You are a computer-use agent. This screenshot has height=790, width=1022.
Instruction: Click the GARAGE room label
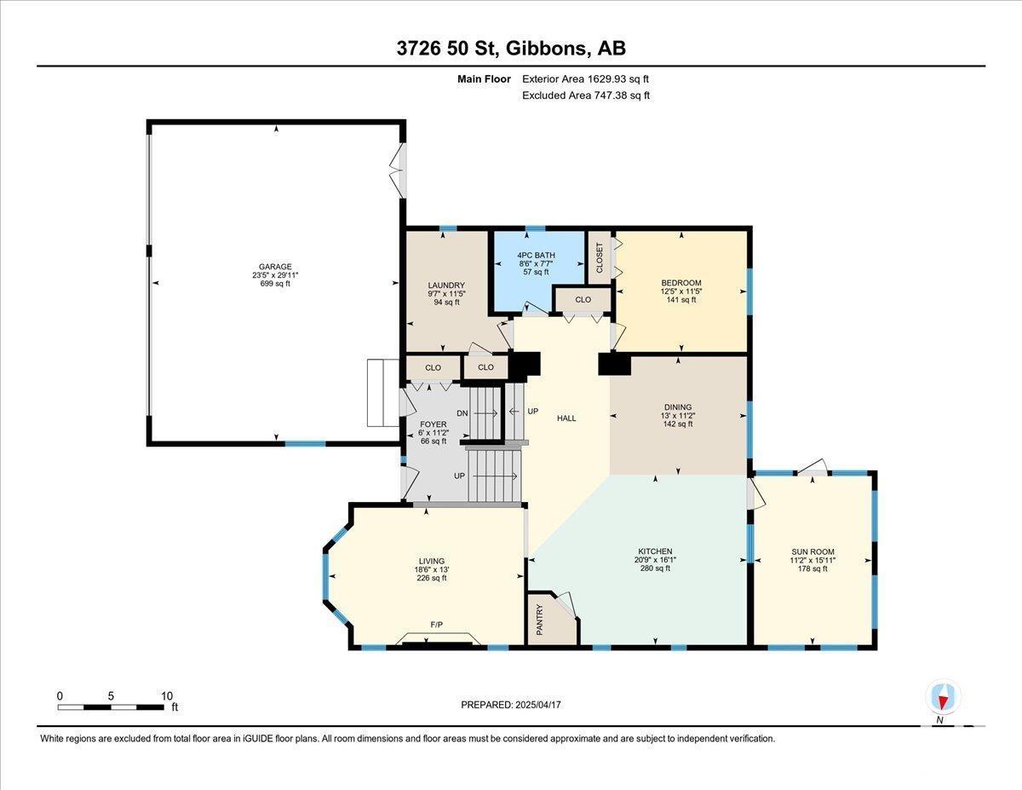point(275,267)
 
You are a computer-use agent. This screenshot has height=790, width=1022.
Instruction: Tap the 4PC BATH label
point(536,256)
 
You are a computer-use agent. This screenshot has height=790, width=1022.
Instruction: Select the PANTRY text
point(539,620)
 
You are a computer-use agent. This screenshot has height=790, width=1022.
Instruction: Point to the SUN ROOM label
point(812,552)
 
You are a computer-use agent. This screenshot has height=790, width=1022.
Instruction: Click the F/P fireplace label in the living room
point(436,625)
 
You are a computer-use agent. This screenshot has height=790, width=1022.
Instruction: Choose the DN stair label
point(462,413)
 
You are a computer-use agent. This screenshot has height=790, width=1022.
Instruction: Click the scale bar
point(111,707)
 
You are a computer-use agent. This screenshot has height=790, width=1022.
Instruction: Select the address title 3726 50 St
point(447,49)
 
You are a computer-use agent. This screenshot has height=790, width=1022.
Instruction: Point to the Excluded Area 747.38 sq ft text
point(586,95)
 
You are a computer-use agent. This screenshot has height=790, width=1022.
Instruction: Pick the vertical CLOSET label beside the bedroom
point(600,257)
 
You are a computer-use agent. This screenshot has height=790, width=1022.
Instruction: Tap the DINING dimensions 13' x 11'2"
point(678,416)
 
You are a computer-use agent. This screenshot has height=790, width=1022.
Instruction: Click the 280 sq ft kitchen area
point(655,568)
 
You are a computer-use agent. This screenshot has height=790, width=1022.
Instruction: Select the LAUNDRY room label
point(446,285)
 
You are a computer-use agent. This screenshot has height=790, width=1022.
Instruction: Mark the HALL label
point(566,418)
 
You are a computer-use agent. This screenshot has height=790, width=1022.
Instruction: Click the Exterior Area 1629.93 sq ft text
point(586,79)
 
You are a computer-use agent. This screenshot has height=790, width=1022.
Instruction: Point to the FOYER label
point(433,424)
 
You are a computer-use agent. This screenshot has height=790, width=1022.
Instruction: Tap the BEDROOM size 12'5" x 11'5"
point(681,291)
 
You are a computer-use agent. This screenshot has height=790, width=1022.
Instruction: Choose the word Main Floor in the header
point(484,79)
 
